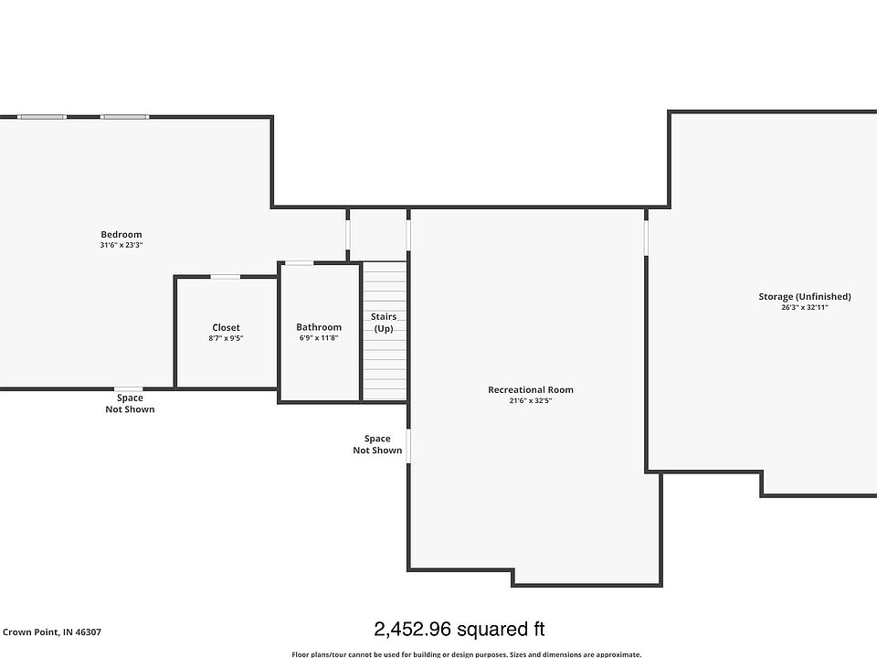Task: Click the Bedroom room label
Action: [122, 235]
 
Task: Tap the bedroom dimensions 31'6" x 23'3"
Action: [122, 245]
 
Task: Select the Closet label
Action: [226, 327]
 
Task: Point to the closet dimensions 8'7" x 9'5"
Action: [226, 338]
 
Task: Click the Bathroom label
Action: [319, 327]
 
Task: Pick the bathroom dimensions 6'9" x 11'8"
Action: [319, 338]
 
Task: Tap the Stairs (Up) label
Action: [384, 323]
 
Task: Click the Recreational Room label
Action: [531, 390]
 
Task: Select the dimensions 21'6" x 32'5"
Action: [531, 400]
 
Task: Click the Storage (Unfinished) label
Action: [805, 296]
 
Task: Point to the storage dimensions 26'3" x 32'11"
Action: [805, 307]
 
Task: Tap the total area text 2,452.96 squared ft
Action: [460, 629]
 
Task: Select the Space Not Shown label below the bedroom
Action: [130, 403]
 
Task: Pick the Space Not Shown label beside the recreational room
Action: [377, 444]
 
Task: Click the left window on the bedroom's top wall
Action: [42, 117]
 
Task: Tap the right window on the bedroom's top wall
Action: [124, 117]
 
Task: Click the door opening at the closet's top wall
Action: [226, 277]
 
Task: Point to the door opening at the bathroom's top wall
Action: [299, 263]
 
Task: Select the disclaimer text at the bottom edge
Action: [466, 653]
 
